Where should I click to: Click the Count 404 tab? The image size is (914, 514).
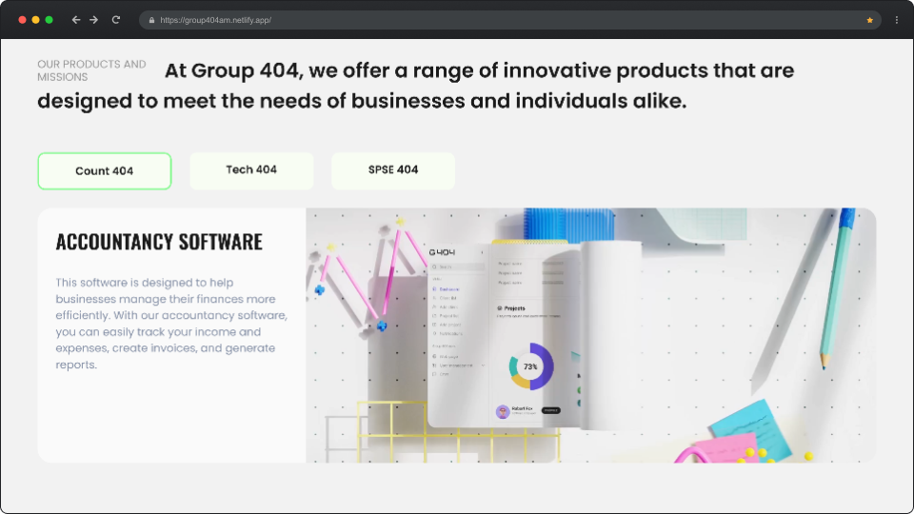105,171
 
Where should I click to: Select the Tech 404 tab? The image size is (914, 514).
251,170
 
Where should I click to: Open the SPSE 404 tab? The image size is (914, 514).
393,170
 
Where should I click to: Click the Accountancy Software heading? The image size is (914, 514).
159,242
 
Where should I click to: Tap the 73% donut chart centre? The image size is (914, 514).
530,366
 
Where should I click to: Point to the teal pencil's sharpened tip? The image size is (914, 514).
825,365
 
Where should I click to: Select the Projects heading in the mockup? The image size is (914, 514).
514,308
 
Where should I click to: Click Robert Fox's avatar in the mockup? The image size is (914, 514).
503,411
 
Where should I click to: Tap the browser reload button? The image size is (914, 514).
116,19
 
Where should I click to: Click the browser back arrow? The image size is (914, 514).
76,19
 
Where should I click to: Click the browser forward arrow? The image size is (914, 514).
94,19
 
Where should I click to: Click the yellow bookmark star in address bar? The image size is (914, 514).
869,19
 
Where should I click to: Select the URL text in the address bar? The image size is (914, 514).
216,20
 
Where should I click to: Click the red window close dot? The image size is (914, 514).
23,19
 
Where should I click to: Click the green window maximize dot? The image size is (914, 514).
49,19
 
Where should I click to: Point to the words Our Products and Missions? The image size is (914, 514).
91,70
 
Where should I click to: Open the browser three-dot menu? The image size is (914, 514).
896,19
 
